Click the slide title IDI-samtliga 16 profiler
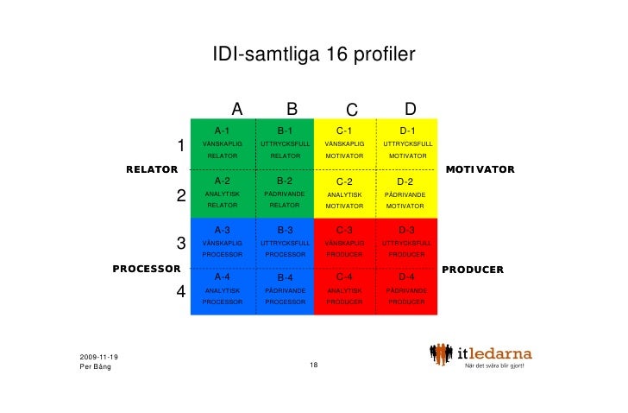click(314, 56)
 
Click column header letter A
click(237, 109)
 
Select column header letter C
click(351, 110)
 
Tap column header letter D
click(411, 109)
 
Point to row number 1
click(181, 145)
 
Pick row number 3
click(181, 243)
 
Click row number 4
click(181, 292)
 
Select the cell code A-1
click(223, 130)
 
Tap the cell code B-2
click(285, 181)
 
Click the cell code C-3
click(345, 230)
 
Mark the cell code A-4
click(223, 276)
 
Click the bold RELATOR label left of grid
click(152, 169)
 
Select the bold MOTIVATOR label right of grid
click(480, 169)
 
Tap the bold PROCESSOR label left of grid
click(146, 269)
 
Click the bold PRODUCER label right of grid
click(473, 270)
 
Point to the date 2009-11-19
click(99, 357)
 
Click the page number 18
click(314, 366)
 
